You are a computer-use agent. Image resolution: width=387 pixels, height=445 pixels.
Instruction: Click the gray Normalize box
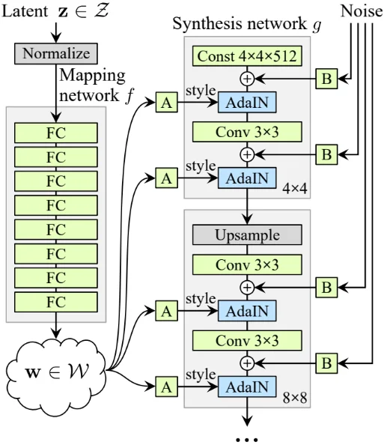(56, 54)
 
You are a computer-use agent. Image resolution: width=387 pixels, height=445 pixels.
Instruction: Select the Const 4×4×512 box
(247, 56)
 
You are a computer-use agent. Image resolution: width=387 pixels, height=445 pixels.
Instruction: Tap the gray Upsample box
(247, 234)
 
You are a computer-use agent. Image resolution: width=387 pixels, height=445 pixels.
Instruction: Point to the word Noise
(362, 11)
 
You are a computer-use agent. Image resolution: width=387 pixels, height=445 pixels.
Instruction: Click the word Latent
(25, 11)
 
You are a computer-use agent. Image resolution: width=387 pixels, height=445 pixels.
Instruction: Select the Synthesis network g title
(247, 23)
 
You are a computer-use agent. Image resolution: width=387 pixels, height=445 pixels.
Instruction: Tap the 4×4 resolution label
(295, 188)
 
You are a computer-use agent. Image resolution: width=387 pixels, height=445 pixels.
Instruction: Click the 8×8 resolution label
(295, 398)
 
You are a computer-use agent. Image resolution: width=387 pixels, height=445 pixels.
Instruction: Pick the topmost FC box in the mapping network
(56, 133)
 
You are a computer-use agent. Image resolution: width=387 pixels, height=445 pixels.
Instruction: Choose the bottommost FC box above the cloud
(56, 302)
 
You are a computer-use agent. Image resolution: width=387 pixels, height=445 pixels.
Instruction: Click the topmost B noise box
(326, 79)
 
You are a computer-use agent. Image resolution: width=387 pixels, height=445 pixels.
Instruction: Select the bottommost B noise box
(326, 363)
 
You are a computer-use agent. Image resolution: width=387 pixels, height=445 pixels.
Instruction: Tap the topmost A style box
(167, 102)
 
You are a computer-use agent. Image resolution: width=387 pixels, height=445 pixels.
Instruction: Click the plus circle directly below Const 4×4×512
(247, 79)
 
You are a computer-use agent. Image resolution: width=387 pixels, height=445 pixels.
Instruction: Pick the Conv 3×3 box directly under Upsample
(247, 264)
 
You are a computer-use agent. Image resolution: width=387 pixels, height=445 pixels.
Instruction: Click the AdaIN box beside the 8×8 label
(247, 387)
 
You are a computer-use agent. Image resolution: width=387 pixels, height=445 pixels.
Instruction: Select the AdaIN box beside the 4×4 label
(247, 178)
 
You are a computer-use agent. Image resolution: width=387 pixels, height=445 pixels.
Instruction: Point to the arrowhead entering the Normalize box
(56, 39)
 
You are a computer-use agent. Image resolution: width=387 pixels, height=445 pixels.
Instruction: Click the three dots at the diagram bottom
(247, 440)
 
